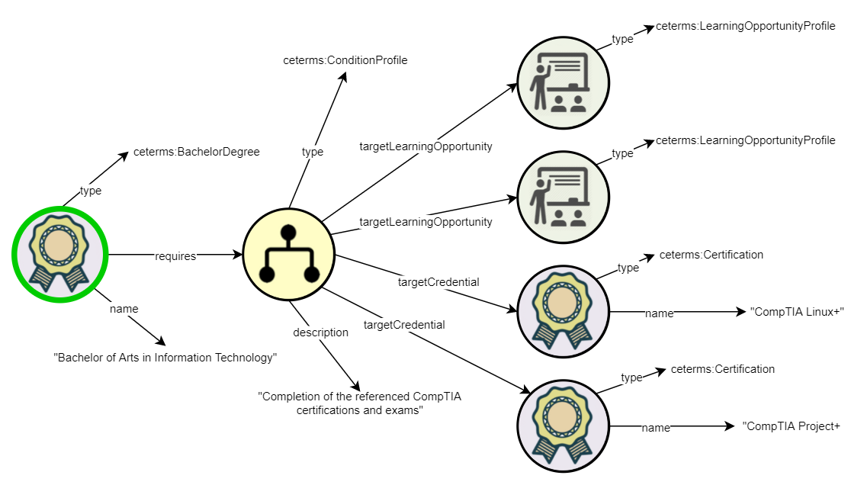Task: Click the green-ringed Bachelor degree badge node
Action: coord(59,254)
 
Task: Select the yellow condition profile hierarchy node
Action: coord(289,254)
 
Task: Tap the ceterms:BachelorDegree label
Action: coord(196,152)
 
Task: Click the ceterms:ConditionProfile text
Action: coord(345,60)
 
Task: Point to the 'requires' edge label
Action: coord(175,256)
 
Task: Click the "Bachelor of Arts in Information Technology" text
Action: coord(165,358)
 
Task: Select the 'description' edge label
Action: coord(321,332)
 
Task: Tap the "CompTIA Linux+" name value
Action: coord(797,312)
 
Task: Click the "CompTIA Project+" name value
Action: coord(791,426)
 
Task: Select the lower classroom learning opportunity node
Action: coord(563,197)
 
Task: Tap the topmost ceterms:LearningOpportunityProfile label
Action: coord(746,26)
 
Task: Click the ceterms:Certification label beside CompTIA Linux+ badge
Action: coord(711,255)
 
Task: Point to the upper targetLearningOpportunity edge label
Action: coord(426,146)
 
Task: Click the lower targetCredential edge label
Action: coord(404,325)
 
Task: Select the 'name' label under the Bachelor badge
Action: coord(124,309)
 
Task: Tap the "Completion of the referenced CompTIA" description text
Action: coord(360,397)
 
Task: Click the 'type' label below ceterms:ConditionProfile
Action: coord(313,152)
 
